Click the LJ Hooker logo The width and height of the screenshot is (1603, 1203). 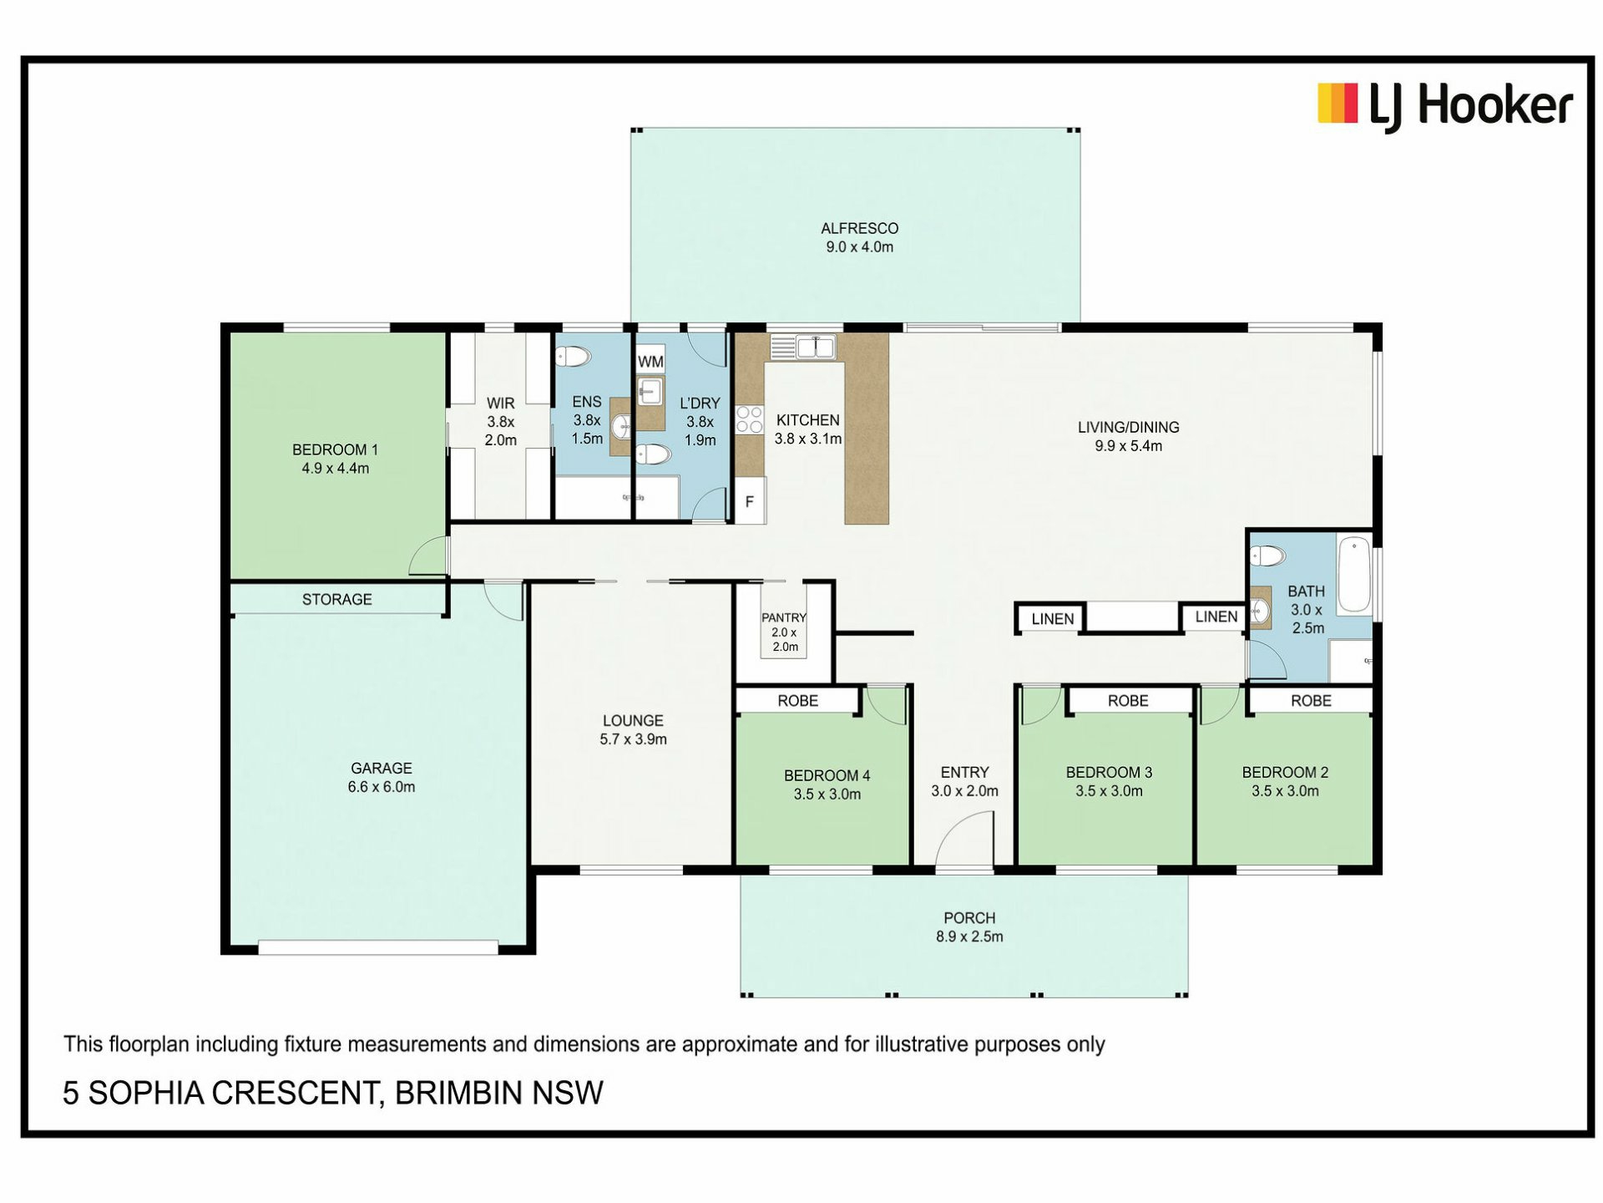click(x=1444, y=106)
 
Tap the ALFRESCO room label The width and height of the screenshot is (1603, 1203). click(x=859, y=228)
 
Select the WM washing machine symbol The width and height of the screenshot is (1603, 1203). click(x=650, y=360)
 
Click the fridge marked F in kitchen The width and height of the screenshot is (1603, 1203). click(x=750, y=501)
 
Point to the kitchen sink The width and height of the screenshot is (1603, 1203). click(x=815, y=347)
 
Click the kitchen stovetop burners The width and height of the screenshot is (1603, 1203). click(x=750, y=419)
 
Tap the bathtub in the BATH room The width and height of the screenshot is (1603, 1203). click(x=1354, y=576)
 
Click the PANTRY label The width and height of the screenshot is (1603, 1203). click(x=784, y=617)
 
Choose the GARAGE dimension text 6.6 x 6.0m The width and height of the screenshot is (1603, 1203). click(x=382, y=787)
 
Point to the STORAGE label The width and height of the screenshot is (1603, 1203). click(x=336, y=599)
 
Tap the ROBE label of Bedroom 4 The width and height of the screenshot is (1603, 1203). click(x=797, y=701)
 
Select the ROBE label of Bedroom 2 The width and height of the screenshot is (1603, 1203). click(x=1311, y=701)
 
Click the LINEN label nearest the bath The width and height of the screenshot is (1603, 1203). click(x=1216, y=617)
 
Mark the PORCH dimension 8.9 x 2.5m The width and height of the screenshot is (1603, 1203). click(x=969, y=937)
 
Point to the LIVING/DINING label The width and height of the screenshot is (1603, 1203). click(x=1128, y=427)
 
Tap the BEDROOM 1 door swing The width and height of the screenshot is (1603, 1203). click(x=429, y=555)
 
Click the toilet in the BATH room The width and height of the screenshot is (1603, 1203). click(x=1267, y=556)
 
